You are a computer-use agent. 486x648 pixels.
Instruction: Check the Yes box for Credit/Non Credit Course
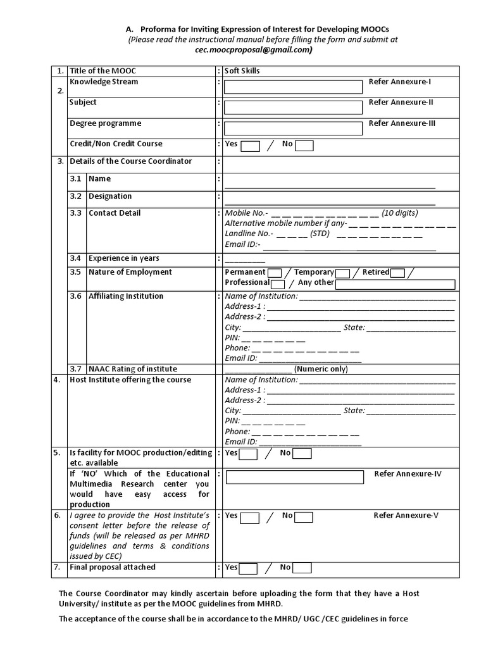point(251,147)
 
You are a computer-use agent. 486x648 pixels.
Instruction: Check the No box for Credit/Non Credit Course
point(304,147)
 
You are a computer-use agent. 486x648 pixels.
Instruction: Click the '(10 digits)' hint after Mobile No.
point(400,213)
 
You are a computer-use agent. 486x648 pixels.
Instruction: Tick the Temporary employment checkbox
point(342,273)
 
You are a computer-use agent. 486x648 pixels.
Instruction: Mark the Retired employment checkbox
point(398,273)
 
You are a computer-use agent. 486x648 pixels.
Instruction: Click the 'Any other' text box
point(395,284)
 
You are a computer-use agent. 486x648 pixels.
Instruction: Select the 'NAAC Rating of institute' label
point(133,369)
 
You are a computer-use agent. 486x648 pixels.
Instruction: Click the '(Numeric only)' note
point(321,369)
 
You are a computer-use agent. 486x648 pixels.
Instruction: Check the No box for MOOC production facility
point(302,454)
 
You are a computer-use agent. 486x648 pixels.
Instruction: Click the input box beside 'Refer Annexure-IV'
point(294,477)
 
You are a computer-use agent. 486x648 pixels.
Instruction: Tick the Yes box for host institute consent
point(250,517)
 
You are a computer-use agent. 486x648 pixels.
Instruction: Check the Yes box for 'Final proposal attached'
point(248,568)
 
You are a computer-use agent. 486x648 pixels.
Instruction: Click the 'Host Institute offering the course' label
point(130,380)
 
